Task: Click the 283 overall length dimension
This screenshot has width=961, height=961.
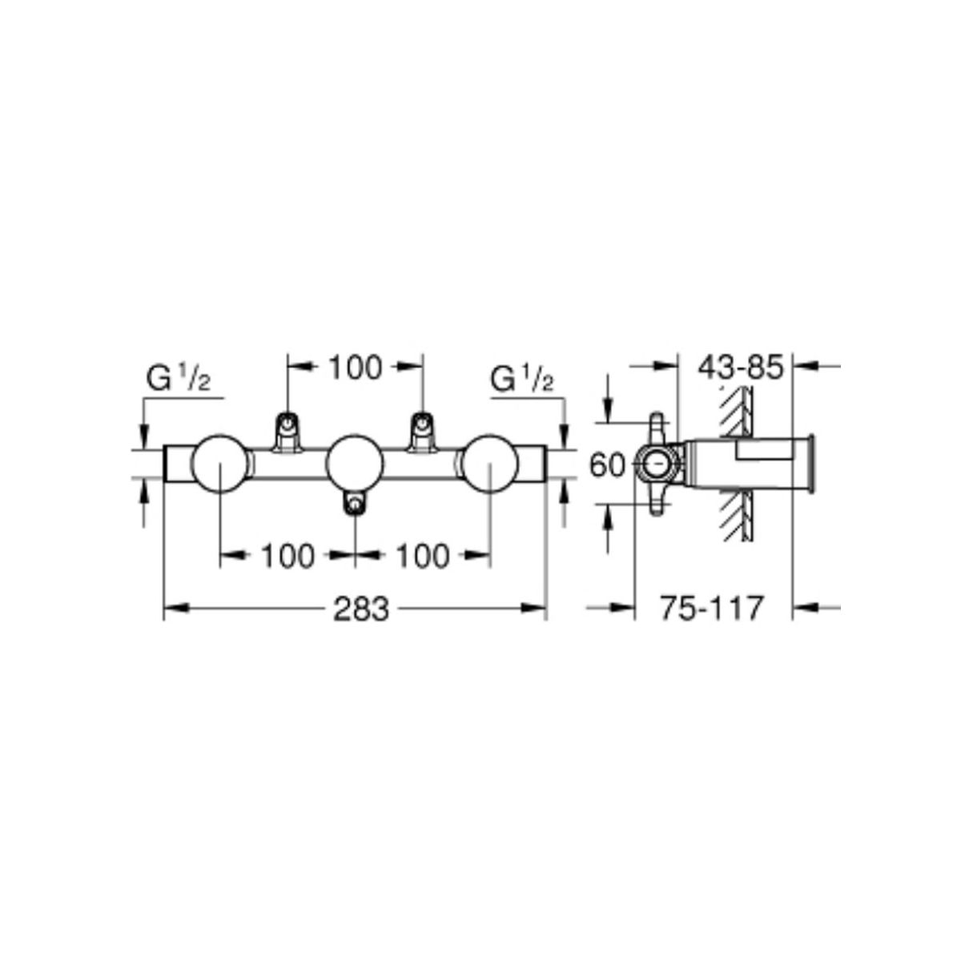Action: point(360,609)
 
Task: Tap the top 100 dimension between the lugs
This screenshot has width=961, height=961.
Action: point(355,368)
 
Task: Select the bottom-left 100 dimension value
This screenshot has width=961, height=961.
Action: point(287,556)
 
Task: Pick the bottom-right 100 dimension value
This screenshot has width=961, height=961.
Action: point(422,556)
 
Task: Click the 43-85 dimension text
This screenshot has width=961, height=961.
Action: point(741,368)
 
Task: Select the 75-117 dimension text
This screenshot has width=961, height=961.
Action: point(712,609)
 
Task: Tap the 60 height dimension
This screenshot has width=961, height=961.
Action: point(607,466)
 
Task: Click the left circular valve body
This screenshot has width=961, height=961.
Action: point(219,464)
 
